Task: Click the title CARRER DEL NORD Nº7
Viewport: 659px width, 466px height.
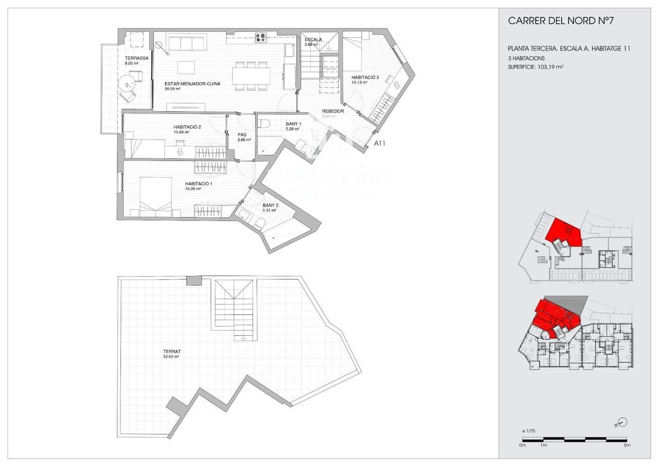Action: pyautogui.click(x=561, y=21)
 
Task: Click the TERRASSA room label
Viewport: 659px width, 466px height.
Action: pyautogui.click(x=137, y=59)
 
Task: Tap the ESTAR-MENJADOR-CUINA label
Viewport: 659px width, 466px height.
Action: pyautogui.click(x=192, y=84)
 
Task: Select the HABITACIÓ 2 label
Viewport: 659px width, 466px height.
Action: pyautogui.click(x=187, y=127)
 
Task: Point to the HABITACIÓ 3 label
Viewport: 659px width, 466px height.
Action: pyautogui.click(x=365, y=78)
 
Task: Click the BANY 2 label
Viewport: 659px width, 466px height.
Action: pyautogui.click(x=271, y=205)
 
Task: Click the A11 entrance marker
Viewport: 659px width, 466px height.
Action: pyautogui.click(x=379, y=144)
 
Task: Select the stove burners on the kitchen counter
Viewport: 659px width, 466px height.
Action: pyautogui.click(x=261, y=38)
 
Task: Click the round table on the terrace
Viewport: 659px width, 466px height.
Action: pyautogui.click(x=126, y=85)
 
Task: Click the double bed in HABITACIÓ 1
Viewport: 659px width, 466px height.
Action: pyautogui.click(x=155, y=196)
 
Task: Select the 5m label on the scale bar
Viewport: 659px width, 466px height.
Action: pyautogui.click(x=626, y=445)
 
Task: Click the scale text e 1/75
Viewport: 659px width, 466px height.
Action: pyautogui.click(x=528, y=431)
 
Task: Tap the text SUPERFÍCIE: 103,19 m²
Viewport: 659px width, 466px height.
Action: pyautogui.click(x=535, y=67)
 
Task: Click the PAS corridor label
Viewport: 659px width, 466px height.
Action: pyautogui.click(x=242, y=135)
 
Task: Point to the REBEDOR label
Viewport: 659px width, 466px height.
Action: pyautogui.click(x=333, y=111)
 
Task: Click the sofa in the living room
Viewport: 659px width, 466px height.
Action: pyautogui.click(x=187, y=43)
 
